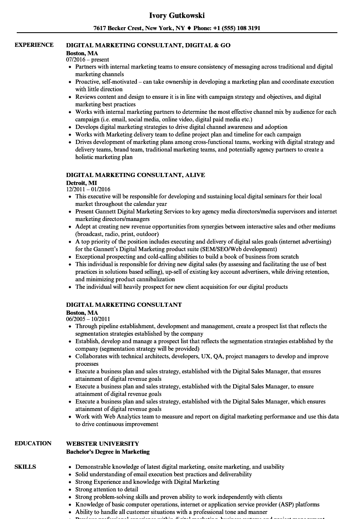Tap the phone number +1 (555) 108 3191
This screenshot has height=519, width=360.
click(x=238, y=28)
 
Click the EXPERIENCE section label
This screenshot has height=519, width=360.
click(x=34, y=45)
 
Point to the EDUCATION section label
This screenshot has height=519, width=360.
click(x=33, y=443)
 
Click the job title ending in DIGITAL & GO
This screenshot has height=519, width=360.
click(x=148, y=45)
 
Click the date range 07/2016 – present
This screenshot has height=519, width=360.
click(x=87, y=60)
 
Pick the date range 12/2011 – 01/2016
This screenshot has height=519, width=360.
click(x=88, y=190)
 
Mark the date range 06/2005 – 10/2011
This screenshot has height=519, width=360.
click(x=88, y=319)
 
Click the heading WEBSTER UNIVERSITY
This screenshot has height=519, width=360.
click(x=103, y=444)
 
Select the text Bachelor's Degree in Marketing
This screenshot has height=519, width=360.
click(x=108, y=452)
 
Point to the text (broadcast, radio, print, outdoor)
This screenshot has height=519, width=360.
click(x=117, y=234)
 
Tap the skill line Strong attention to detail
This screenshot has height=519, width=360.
click(x=107, y=489)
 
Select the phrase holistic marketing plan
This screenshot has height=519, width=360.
click(x=104, y=157)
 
